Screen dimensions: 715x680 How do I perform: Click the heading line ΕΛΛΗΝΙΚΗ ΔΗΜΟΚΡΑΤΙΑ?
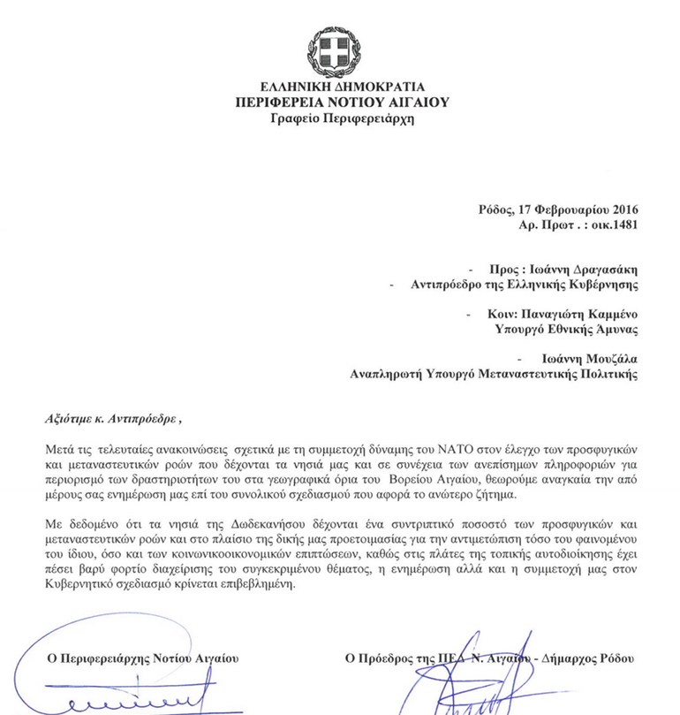341,87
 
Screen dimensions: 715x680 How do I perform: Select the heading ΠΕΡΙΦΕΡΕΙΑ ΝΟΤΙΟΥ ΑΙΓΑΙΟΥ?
341,102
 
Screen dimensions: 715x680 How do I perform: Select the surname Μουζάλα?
611,359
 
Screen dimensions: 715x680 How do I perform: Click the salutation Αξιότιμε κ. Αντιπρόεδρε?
117,417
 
